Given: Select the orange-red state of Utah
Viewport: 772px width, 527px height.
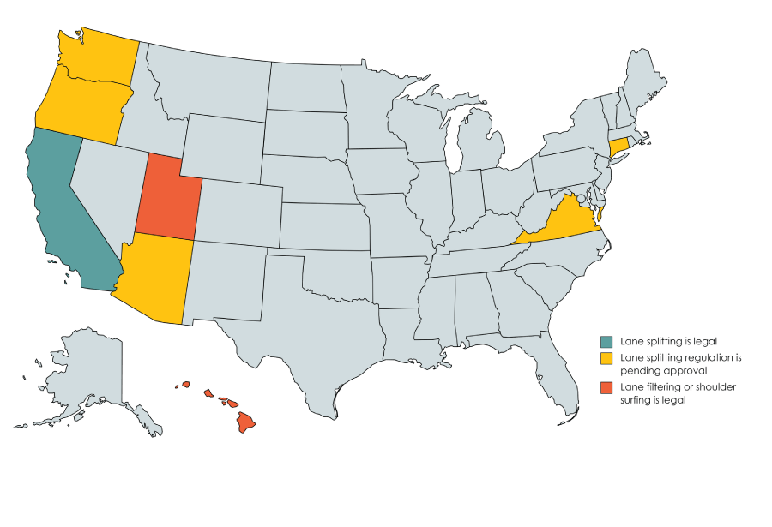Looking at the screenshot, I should (x=167, y=197).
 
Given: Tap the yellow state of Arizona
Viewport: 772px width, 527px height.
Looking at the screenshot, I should (x=154, y=278).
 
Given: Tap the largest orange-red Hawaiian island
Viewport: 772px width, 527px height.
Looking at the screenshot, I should (x=246, y=422).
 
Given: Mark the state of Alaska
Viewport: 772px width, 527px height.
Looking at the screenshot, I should (x=86, y=368).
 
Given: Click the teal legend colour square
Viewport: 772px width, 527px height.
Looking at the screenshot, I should (x=607, y=341).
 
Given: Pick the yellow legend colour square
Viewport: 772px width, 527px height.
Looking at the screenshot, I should (x=607, y=356).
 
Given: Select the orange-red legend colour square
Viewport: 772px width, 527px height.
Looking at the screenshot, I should (x=607, y=387).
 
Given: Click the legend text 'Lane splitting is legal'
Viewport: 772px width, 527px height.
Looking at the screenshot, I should (x=668, y=341).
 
